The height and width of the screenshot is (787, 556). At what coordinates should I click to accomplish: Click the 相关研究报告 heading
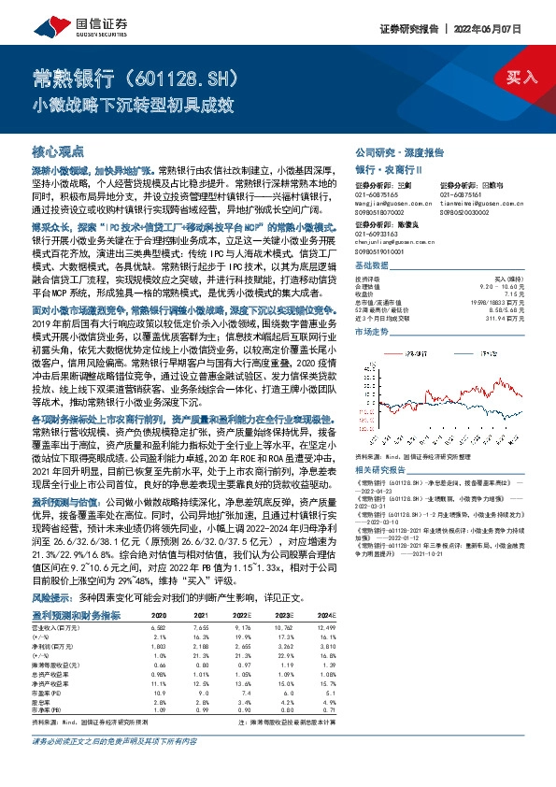pyautogui.click(x=381, y=473)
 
